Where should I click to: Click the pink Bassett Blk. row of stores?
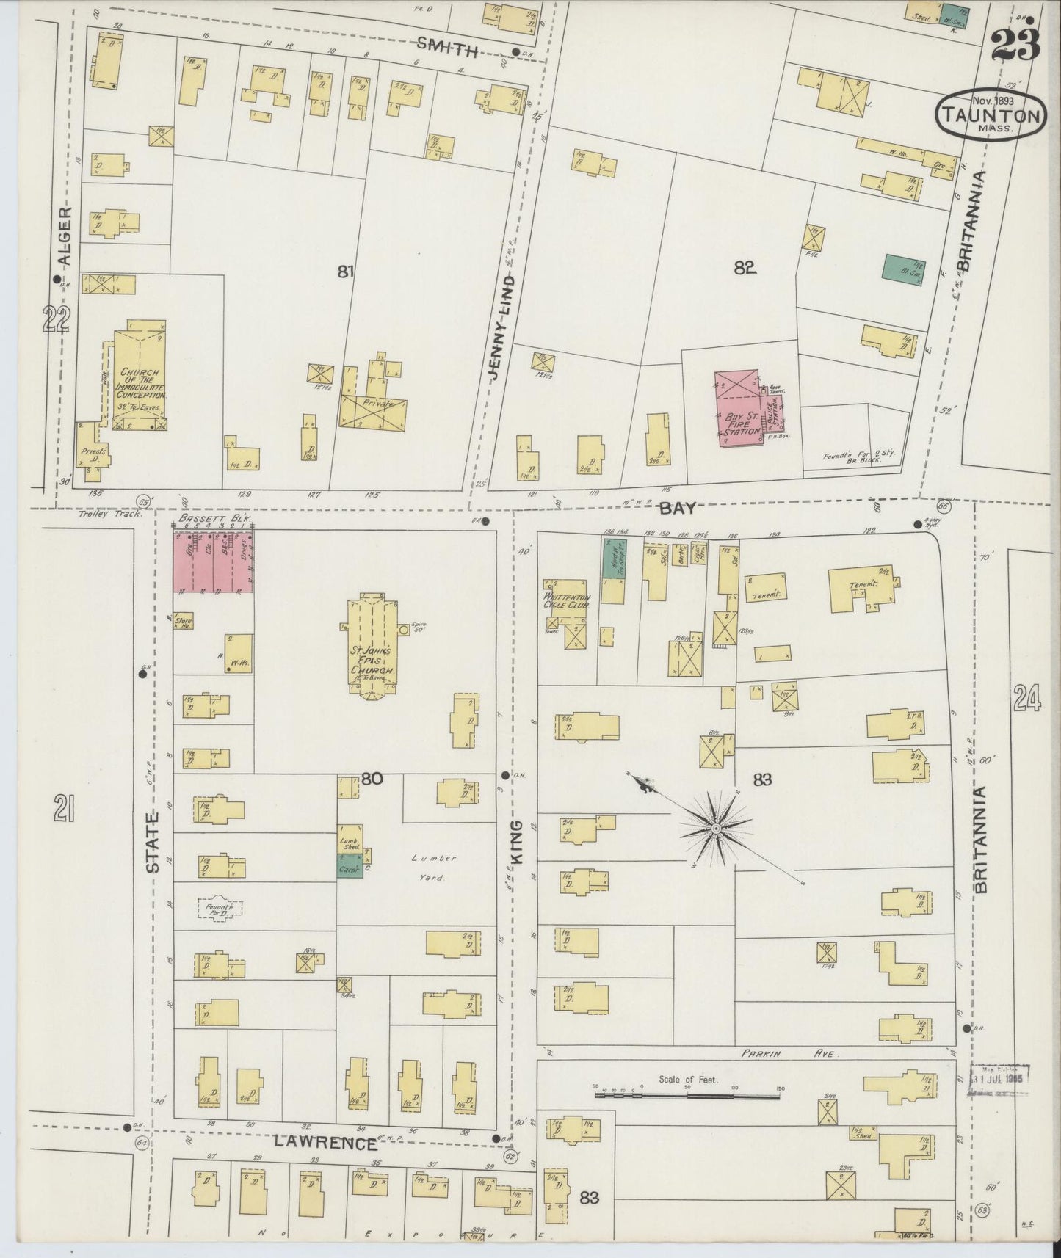pyautogui.click(x=214, y=562)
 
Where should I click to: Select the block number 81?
pyautogui.click(x=346, y=272)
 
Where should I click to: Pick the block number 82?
pyautogui.click(x=745, y=269)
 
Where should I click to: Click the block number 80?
pyautogui.click(x=372, y=778)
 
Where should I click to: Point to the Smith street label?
pyautogui.click(x=447, y=49)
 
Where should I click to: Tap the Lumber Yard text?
pyautogui.click(x=438, y=866)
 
